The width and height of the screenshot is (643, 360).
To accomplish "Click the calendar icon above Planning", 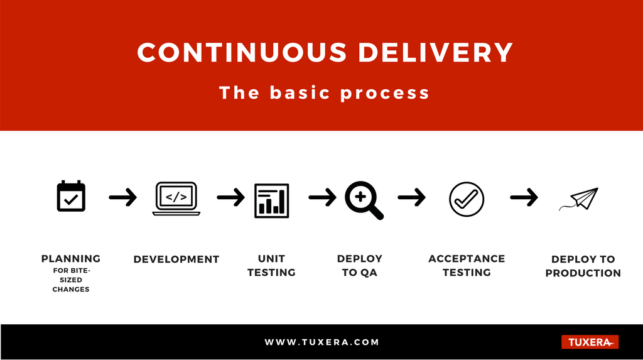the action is (71, 196).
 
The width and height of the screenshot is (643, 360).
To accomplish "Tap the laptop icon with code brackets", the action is (176, 199).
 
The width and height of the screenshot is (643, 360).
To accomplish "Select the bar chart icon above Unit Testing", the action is (271, 200).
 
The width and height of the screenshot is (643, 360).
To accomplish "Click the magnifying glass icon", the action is (364, 200).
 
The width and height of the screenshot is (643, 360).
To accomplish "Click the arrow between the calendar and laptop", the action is (122, 197).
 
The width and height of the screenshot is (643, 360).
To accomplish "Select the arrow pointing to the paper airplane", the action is (524, 197).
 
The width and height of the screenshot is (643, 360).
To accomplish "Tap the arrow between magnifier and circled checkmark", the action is (412, 197).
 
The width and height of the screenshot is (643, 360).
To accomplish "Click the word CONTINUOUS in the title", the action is (242, 53).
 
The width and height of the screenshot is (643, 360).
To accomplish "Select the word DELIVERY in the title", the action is (436, 53).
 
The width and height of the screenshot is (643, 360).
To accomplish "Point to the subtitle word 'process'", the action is (385, 93).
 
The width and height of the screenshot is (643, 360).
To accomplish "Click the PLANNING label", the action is (71, 259).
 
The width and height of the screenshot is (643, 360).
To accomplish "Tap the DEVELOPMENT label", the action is (176, 259).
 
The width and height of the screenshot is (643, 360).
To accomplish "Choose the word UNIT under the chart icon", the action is (271, 259).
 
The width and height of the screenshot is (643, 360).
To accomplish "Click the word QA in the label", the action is (369, 273).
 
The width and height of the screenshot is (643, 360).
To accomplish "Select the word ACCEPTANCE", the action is (467, 259).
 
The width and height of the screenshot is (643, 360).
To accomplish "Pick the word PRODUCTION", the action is (583, 273).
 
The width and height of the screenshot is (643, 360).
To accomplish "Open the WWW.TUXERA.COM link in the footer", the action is (322, 342).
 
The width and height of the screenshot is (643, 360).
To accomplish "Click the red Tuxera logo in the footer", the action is (590, 342).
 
